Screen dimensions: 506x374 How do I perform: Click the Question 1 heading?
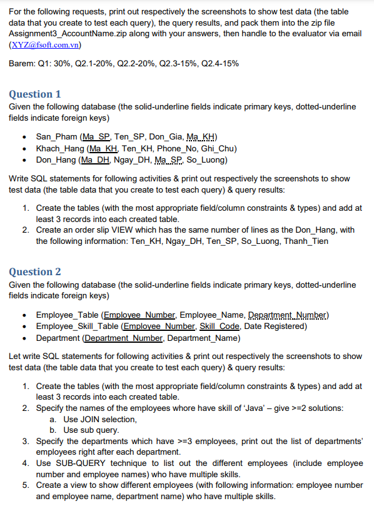click(x=35, y=94)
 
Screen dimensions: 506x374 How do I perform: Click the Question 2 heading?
click(x=35, y=271)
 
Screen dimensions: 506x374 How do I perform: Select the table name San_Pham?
click(x=56, y=136)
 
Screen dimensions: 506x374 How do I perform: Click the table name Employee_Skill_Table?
click(x=78, y=326)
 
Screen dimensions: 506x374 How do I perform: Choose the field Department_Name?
click(x=202, y=338)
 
